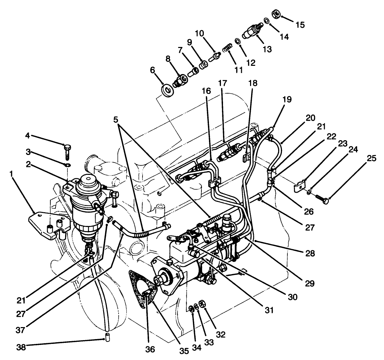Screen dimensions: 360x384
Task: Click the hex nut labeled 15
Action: click(x=276, y=14)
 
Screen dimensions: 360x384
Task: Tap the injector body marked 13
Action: click(x=251, y=32)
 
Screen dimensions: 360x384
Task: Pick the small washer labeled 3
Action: click(x=67, y=165)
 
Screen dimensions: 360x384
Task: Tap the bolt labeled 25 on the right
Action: click(x=321, y=199)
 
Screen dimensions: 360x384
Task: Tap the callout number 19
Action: click(x=287, y=99)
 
